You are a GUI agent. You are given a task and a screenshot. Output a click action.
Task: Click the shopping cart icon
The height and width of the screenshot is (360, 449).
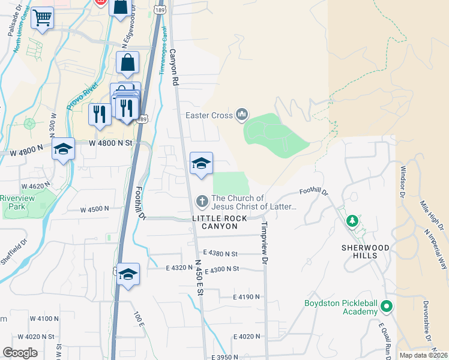[42, 18]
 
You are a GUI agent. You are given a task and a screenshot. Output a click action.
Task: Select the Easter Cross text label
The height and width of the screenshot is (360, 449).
[209, 115]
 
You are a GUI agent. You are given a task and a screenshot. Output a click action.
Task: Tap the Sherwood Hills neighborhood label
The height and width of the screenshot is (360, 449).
[357, 251]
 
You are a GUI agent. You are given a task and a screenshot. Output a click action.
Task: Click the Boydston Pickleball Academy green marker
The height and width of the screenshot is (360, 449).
[387, 307]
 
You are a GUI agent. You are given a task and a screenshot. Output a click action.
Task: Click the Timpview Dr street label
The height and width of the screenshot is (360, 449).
[264, 242]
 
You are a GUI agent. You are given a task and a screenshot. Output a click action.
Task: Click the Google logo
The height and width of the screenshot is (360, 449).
[20, 353]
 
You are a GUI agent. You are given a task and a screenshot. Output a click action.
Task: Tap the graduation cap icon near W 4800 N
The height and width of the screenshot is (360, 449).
[63, 149]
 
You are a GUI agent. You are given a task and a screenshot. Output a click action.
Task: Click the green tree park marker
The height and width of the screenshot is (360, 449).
[352, 221]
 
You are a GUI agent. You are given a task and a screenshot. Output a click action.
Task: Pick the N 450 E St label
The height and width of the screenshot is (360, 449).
[199, 276]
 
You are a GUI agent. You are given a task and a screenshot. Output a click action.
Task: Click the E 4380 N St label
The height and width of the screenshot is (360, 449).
[220, 253]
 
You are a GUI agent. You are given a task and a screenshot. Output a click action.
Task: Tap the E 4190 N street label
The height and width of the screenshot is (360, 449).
[246, 297]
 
